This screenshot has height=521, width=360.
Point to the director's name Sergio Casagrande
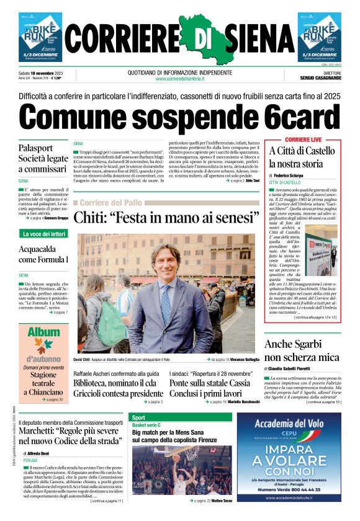click(x=317, y=79)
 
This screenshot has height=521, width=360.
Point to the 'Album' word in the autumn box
click(x=43, y=331)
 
